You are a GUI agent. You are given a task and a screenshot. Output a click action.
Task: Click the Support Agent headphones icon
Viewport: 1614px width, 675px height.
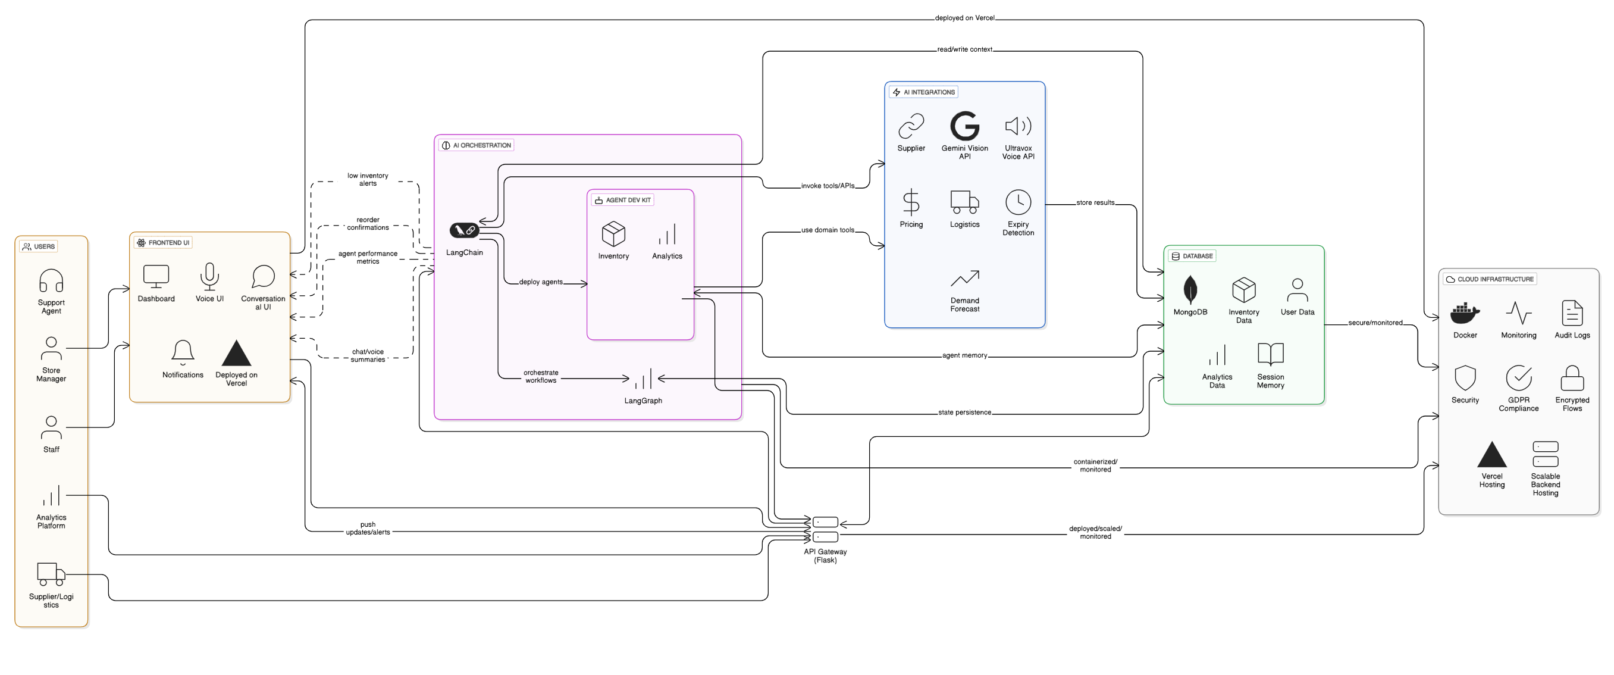[x=51, y=281]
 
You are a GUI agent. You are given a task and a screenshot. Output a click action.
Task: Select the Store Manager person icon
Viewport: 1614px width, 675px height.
[x=51, y=348]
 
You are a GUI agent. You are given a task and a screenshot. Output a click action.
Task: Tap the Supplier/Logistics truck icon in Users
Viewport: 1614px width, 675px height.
[x=51, y=573]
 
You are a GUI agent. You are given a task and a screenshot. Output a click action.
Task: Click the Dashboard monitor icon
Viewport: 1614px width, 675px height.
[x=156, y=276]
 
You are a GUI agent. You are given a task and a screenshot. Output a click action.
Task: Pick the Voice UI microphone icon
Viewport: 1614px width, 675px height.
[x=209, y=276]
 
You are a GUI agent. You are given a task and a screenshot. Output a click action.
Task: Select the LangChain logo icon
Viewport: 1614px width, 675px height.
[x=464, y=230]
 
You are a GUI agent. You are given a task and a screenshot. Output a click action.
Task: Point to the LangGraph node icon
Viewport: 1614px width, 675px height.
[x=643, y=379]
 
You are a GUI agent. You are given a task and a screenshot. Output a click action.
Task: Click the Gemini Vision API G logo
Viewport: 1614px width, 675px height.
[x=964, y=126]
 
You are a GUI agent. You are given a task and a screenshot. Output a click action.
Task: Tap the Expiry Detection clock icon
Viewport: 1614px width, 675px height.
[x=1018, y=202]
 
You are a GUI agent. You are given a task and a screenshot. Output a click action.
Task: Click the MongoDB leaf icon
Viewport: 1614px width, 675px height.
[x=1190, y=289]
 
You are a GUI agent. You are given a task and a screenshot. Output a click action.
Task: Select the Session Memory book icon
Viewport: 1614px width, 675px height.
[x=1270, y=354]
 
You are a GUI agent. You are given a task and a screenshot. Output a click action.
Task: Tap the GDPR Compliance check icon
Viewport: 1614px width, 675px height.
[x=1518, y=377]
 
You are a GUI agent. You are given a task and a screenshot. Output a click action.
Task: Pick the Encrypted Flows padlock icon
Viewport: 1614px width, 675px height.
[x=1571, y=377]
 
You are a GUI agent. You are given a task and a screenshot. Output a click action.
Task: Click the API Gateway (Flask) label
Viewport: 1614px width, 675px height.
[x=825, y=556]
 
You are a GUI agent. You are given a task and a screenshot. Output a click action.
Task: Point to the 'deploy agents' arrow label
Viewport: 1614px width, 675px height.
[x=541, y=282]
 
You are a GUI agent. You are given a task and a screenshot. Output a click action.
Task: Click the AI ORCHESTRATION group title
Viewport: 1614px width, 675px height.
[x=482, y=145]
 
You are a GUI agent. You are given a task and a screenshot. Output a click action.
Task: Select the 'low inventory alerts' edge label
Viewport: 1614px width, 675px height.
[x=368, y=179]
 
